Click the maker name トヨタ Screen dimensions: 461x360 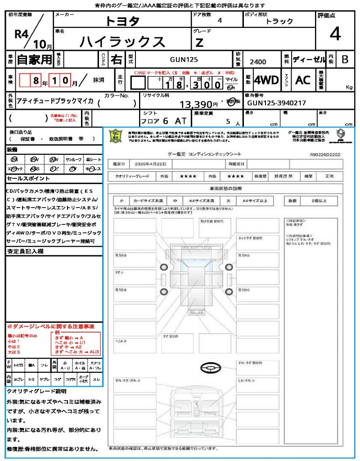(x=122, y=21)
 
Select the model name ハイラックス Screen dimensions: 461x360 (x=122, y=41)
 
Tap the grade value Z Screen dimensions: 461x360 (x=199, y=43)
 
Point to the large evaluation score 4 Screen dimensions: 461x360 (x=335, y=34)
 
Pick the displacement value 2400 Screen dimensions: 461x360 (x=258, y=62)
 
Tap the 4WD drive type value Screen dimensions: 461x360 (x=266, y=80)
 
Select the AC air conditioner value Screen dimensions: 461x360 (x=302, y=80)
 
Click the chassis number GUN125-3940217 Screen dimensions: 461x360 (x=277, y=103)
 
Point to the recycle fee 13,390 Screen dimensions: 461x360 (x=195, y=104)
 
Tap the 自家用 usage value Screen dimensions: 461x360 (x=34, y=59)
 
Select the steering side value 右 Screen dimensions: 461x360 (x=117, y=59)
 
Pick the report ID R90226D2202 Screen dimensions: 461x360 (x=325, y=154)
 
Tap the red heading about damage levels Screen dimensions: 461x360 (x=50, y=326)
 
